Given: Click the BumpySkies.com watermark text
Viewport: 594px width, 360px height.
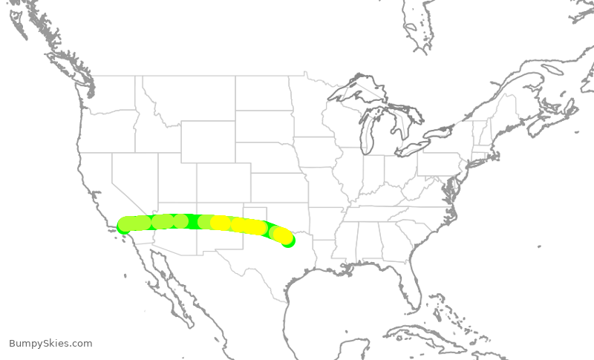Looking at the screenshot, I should [50, 343].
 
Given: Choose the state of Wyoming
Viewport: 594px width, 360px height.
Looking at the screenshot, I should [208, 141].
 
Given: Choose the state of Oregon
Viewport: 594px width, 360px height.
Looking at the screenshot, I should [104, 130].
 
